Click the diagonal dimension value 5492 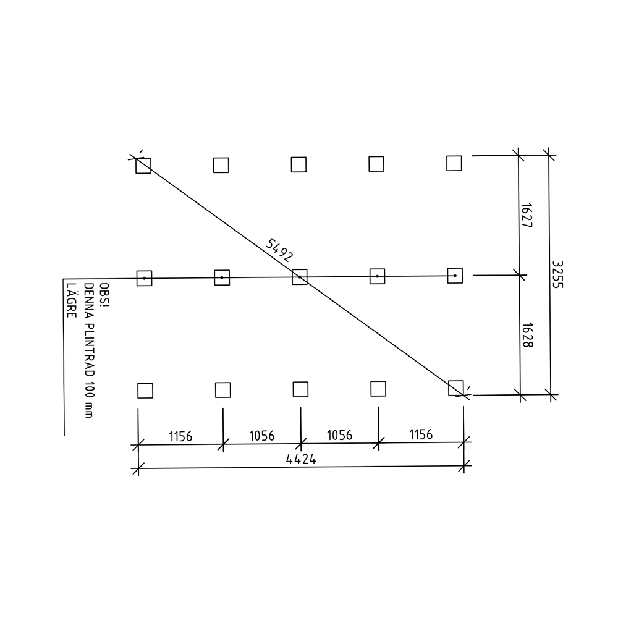coord(279,250)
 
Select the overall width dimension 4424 coord(301,459)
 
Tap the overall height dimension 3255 coord(557,275)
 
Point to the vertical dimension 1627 coord(526,215)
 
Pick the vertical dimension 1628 coord(527,335)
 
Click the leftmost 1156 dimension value coord(180,437)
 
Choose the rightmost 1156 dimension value coord(421,434)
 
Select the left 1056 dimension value coord(261,436)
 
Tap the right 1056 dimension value coord(339,435)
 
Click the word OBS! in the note coord(104,294)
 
